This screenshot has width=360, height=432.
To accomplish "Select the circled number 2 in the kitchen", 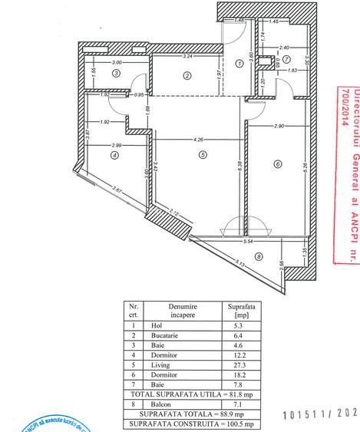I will coord(187,74).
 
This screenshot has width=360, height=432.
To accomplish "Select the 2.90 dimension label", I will coord(278,125).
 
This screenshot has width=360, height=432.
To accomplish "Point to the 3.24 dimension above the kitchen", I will coord(188,57).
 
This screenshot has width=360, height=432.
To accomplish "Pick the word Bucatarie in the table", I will coord(177,335).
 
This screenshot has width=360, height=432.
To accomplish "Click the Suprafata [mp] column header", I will coord(235,309).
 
